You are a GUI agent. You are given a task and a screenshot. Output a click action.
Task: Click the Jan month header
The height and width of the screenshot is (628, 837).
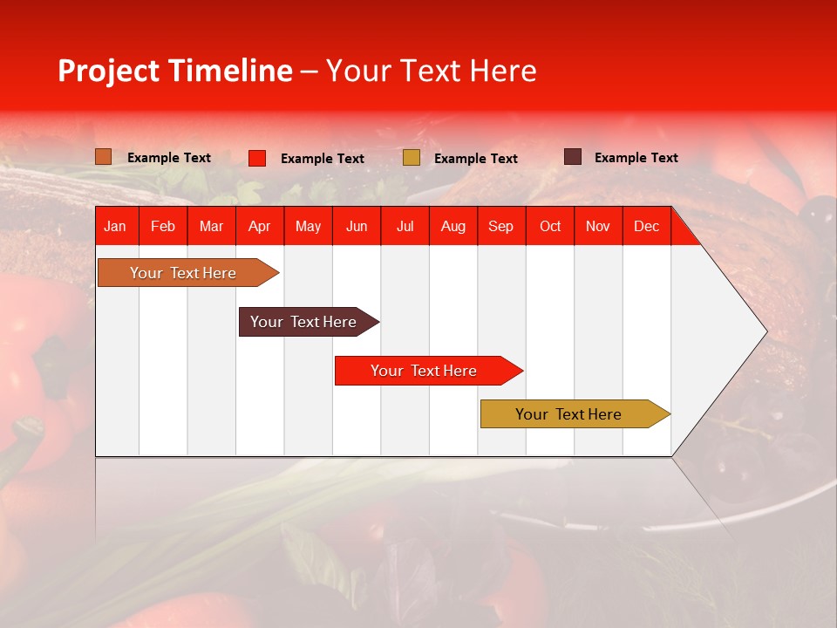coord(115,226)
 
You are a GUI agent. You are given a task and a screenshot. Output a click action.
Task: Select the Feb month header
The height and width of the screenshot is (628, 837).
coord(163,226)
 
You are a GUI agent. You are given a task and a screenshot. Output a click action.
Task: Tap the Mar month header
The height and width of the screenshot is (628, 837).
coord(211,226)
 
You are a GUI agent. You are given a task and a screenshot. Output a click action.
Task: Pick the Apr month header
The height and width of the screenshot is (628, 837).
coord(260,226)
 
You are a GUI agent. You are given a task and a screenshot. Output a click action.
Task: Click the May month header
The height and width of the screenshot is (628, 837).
coord(308,226)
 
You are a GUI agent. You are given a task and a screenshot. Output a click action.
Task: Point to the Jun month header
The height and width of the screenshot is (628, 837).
coord(357,226)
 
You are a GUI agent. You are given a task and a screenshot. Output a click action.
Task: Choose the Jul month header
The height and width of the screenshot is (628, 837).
coord(405,226)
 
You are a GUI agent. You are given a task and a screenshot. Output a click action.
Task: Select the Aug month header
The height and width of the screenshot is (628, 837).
coord(453,226)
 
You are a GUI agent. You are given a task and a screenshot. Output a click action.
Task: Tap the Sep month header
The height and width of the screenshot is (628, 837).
coord(501,226)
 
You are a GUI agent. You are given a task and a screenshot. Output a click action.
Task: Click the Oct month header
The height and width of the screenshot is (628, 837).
coord(550,226)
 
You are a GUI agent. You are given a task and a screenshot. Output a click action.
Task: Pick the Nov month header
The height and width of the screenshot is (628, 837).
coord(598,226)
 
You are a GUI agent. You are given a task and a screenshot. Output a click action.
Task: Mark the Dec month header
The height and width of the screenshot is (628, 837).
coord(647,226)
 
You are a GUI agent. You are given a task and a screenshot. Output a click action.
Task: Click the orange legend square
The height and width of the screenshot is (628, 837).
coord(104,157)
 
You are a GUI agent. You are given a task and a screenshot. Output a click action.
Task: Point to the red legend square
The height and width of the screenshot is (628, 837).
coord(257,158)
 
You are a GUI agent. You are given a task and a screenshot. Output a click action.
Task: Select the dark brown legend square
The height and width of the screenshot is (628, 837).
coord(573,157)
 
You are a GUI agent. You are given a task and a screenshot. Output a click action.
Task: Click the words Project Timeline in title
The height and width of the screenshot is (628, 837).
coord(175,71)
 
